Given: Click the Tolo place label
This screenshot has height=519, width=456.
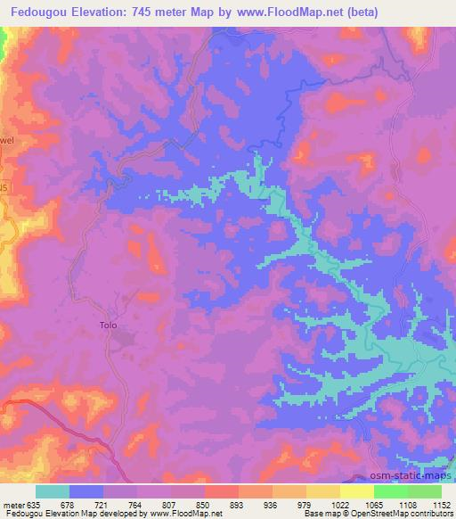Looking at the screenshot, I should tap(108, 325).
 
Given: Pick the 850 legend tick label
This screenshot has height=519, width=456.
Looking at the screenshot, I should tap(204, 504).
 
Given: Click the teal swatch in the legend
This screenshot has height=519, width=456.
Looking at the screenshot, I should tap(53, 491).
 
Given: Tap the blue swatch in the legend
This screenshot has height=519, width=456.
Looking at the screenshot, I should tap(86, 491).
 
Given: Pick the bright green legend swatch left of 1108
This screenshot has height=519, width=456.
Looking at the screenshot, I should tap(390, 491).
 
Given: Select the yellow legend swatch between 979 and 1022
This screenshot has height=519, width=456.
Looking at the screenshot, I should tap(322, 491).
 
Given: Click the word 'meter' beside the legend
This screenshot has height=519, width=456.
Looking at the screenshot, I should tap(14, 504).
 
